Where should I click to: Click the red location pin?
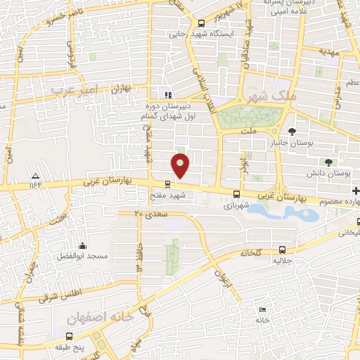(x=181, y=165)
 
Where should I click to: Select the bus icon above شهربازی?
(x=236, y=195)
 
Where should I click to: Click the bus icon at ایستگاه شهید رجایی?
(x=201, y=22)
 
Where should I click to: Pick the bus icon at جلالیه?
(x=282, y=250)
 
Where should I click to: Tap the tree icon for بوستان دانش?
(x=328, y=162)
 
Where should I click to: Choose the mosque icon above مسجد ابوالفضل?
(x=83, y=245)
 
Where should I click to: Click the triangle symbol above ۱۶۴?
(x=36, y=174)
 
